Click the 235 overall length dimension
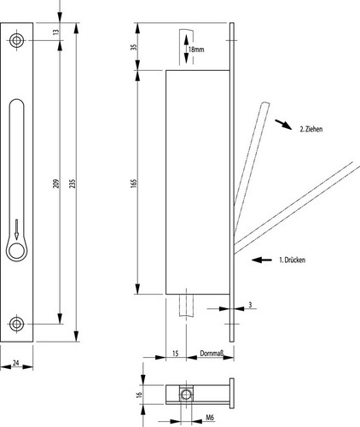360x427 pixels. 73,184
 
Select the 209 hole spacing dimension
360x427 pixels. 56,184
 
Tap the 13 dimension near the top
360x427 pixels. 56,32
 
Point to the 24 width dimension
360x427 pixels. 16,363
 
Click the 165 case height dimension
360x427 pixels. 134,183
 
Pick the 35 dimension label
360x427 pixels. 134,46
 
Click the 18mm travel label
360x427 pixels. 196,50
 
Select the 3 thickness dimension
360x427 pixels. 250,305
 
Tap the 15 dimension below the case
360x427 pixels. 176,354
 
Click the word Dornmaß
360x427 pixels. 212,354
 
